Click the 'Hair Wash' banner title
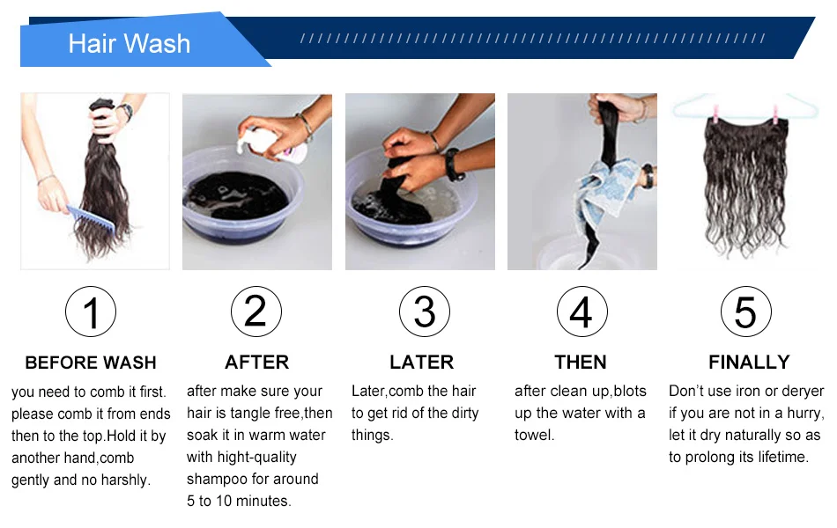(130, 43)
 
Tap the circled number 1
(91, 312)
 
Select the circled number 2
(256, 312)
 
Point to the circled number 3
(425, 312)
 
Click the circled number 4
(581, 312)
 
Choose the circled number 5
(745, 312)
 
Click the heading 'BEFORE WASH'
(91, 363)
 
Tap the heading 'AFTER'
(256, 363)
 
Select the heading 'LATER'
(422, 363)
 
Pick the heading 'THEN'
(581, 363)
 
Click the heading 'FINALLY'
(749, 363)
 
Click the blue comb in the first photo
(92, 218)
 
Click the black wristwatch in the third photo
(453, 165)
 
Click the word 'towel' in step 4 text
(534, 436)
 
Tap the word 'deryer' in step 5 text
(803, 392)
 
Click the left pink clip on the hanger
(715, 113)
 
